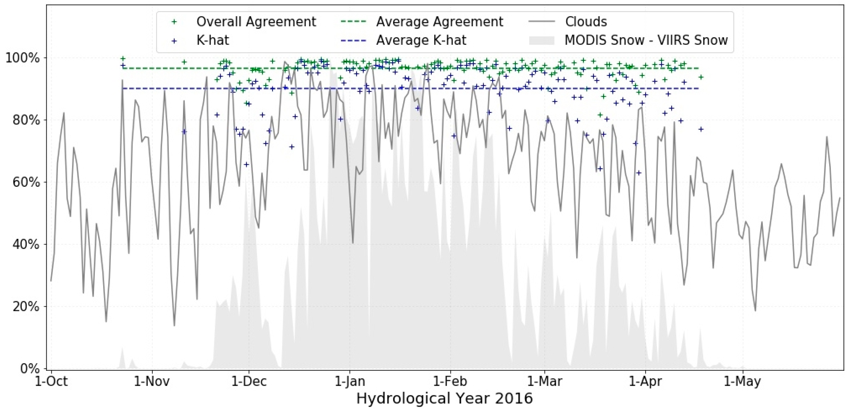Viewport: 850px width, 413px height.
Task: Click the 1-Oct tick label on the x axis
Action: click(51, 381)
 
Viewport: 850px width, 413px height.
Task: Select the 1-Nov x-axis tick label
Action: click(152, 381)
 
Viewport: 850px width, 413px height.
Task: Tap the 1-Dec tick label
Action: click(249, 381)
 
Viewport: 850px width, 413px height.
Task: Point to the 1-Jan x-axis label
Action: click(350, 381)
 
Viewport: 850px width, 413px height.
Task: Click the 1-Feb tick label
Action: click(450, 381)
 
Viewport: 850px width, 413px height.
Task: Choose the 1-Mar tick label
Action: click(544, 381)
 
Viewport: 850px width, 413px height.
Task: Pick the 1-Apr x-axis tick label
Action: click(645, 381)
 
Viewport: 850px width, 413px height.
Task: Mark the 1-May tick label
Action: click(742, 381)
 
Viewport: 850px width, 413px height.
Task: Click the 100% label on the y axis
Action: click(22, 58)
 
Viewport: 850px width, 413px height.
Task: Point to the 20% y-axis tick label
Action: click(26, 306)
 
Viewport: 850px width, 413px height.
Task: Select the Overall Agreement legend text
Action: click(256, 22)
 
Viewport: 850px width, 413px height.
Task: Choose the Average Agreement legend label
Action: click(439, 22)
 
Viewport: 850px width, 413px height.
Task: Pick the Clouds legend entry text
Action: click(586, 22)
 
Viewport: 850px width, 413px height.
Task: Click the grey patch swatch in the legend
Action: click(542, 40)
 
